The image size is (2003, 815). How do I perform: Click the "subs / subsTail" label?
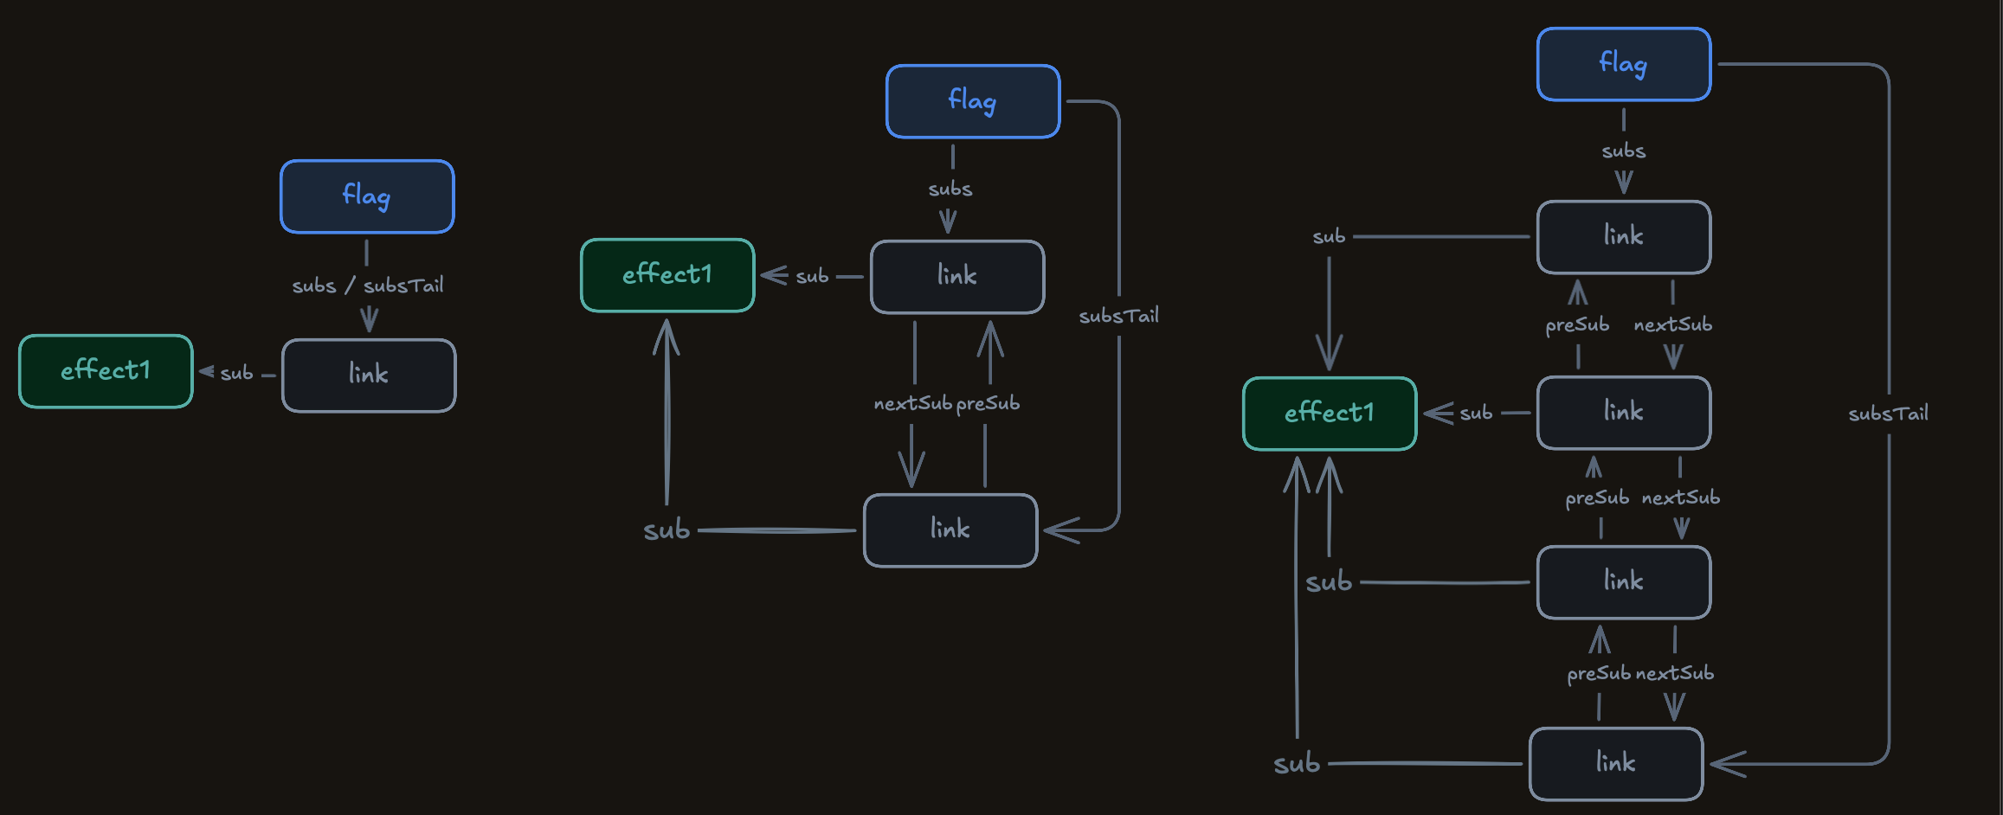(x=368, y=285)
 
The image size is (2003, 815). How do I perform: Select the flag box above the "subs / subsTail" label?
(x=367, y=196)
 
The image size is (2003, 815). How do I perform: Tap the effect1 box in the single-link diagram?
(x=106, y=371)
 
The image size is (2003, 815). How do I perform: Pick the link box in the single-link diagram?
(x=369, y=375)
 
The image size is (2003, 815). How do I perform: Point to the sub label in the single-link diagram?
(x=236, y=373)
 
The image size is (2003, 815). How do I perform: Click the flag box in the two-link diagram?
(x=973, y=101)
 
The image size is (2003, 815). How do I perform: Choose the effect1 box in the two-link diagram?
(x=667, y=275)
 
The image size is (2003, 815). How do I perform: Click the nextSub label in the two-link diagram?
(x=912, y=403)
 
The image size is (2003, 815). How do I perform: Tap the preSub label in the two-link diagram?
(x=988, y=403)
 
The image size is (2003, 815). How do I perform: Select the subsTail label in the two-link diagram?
(x=1118, y=316)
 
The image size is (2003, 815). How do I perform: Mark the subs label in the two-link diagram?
(x=950, y=189)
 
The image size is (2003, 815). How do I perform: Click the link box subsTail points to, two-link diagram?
(x=950, y=530)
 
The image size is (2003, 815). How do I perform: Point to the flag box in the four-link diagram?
(x=1624, y=64)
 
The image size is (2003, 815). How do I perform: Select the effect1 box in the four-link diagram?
(x=1330, y=414)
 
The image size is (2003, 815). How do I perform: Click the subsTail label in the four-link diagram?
(x=1888, y=414)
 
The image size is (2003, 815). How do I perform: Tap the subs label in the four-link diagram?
(x=1624, y=151)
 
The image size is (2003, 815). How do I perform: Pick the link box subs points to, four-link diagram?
(x=1624, y=237)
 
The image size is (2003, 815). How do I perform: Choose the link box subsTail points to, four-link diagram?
(x=1616, y=764)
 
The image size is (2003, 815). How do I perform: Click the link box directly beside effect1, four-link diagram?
(x=1624, y=413)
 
